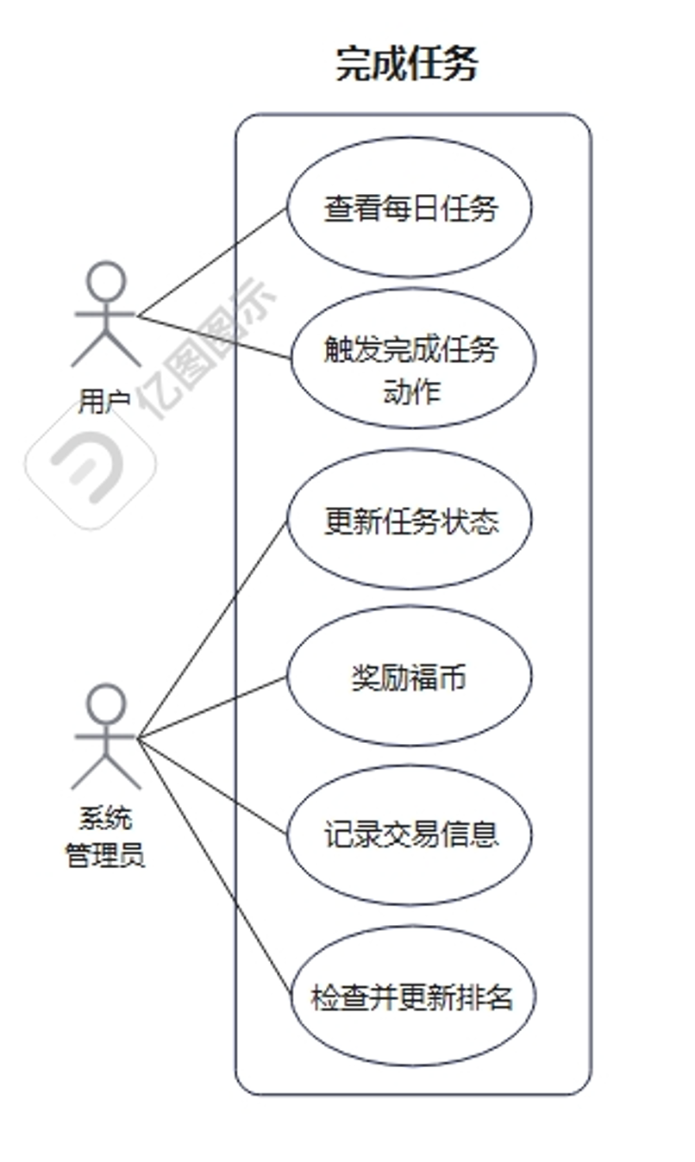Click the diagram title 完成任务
coord(406,65)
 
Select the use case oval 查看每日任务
coord(410,208)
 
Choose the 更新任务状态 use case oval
coord(410,520)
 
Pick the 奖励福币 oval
coord(409,677)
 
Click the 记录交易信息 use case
coord(410,834)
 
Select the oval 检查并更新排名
coord(411,996)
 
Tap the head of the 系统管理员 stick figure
coord(106,703)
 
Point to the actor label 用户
coord(104,400)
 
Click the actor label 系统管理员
coord(105,837)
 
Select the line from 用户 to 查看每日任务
coord(211,262)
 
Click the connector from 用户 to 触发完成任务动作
coord(214,337)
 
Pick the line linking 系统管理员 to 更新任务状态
coord(211,630)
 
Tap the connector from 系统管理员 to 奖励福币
coord(211,708)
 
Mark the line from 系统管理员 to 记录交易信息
coord(211,785)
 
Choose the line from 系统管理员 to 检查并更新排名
coord(211,864)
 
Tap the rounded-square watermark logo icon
coord(91,465)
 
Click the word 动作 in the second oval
coord(411,392)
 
